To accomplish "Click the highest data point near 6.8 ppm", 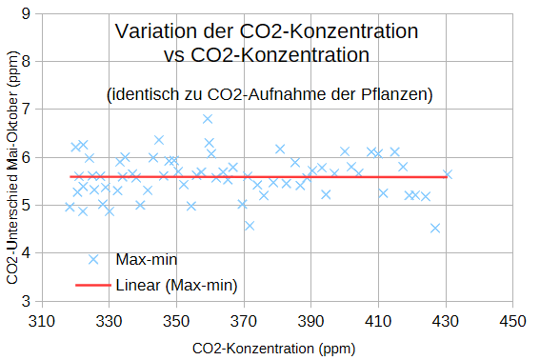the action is [208, 119].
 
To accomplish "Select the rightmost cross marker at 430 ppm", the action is [448, 174].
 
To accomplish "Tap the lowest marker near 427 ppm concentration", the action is [435, 228].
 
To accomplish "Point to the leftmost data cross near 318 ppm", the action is [70, 207].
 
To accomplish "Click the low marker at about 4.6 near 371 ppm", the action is [250, 226].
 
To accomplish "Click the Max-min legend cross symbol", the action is [93, 259].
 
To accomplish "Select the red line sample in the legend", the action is [93, 286].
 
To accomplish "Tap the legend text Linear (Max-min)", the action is [177, 286].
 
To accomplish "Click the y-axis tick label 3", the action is [26, 302].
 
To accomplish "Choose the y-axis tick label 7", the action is [26, 110].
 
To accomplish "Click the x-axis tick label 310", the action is [42, 321].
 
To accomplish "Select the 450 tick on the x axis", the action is [512, 321].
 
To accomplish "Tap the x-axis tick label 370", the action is [244, 321].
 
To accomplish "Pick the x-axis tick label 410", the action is [378, 321].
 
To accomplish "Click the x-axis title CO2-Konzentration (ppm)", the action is [273, 349].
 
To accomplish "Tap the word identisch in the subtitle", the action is [144, 94].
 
